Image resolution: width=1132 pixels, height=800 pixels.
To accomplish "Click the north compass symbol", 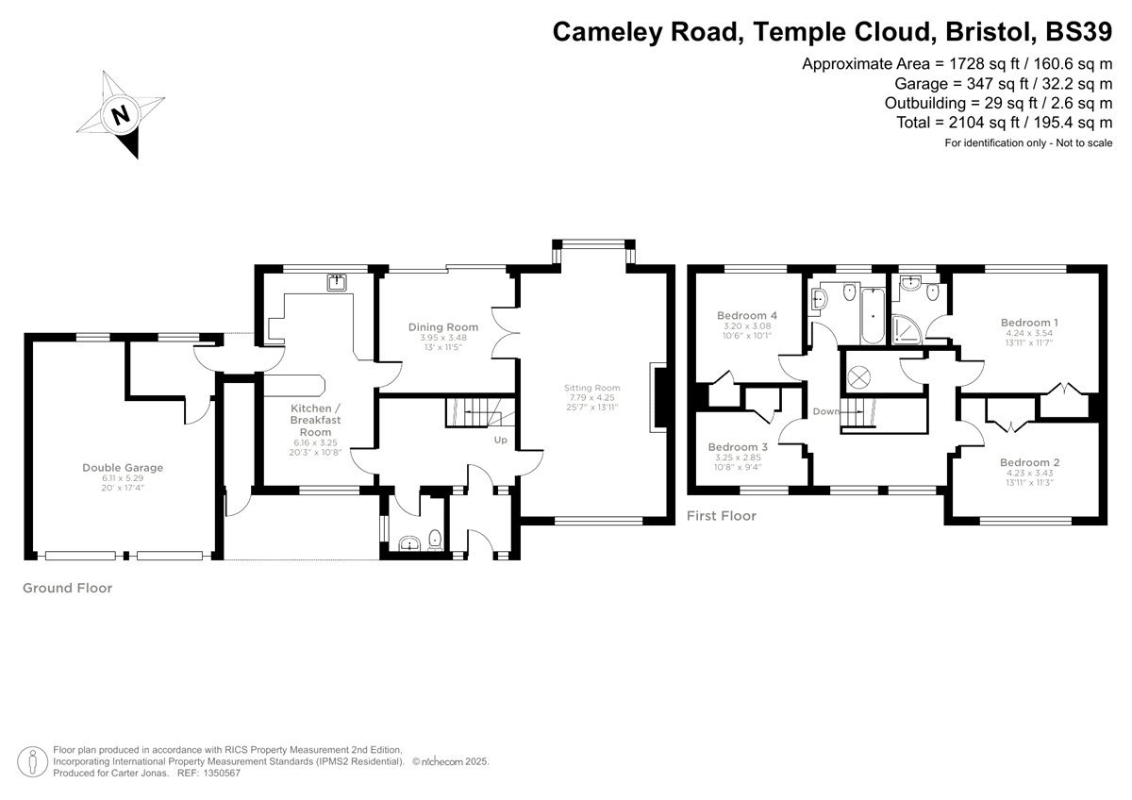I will [x=120, y=116].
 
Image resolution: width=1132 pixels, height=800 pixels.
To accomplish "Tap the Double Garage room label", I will [x=123, y=467].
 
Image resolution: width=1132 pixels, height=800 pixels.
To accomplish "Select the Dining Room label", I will [x=438, y=327].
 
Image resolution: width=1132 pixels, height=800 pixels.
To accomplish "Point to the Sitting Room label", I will [x=591, y=388].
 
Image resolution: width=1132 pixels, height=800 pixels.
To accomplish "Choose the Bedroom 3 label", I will [x=739, y=446].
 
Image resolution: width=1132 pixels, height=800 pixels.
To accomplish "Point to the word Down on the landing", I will [x=825, y=412].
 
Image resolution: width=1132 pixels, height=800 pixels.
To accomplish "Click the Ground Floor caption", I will [x=67, y=588].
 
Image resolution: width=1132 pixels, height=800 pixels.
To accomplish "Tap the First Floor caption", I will [x=721, y=516].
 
